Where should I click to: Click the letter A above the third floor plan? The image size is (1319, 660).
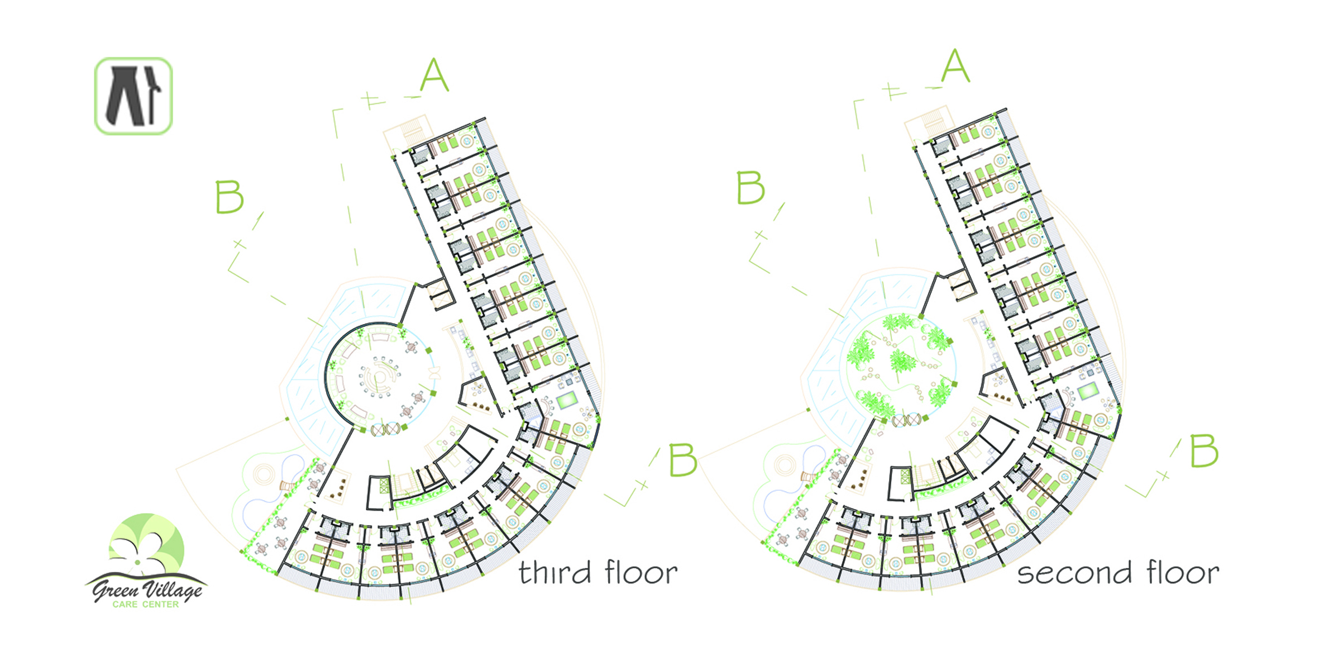[434, 75]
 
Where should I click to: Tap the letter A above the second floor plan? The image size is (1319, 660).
[955, 66]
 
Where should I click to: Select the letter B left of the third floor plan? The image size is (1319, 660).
[230, 197]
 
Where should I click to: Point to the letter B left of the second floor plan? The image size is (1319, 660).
[751, 188]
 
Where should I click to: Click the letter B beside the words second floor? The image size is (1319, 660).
[1204, 451]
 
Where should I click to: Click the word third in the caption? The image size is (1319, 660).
[555, 573]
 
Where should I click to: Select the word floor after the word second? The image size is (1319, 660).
[1183, 573]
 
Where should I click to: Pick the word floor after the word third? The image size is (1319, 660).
[641, 573]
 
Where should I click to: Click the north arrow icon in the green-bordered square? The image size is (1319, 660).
[133, 96]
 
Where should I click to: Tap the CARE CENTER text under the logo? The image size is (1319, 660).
[146, 605]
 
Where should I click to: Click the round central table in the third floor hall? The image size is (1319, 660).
[379, 377]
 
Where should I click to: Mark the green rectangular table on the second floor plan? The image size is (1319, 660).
[1087, 392]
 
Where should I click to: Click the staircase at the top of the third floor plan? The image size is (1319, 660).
[412, 132]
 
